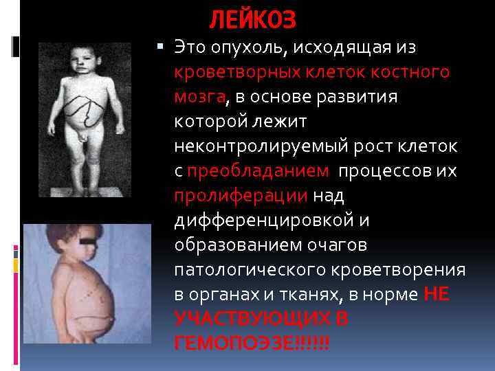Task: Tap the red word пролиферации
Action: pos(241,196)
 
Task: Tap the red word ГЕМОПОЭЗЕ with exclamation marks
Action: pos(252,343)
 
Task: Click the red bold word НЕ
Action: pos(437,294)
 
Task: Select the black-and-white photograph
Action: pos(85,120)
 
